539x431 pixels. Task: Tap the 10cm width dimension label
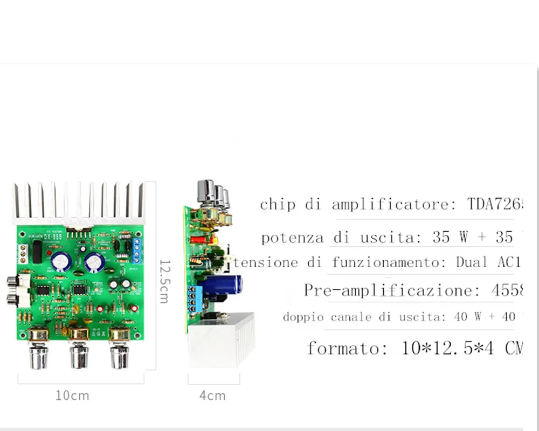tap(72, 396)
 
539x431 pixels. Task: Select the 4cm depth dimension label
tap(212, 396)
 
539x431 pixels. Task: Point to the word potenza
tap(293, 238)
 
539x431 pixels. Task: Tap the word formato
tap(347, 348)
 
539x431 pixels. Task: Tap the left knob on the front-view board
tap(38, 350)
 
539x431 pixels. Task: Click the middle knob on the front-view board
tap(79, 350)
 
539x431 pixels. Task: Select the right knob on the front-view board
tap(119, 350)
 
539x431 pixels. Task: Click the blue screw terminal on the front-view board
tap(136, 249)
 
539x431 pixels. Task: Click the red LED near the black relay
tap(49, 252)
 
